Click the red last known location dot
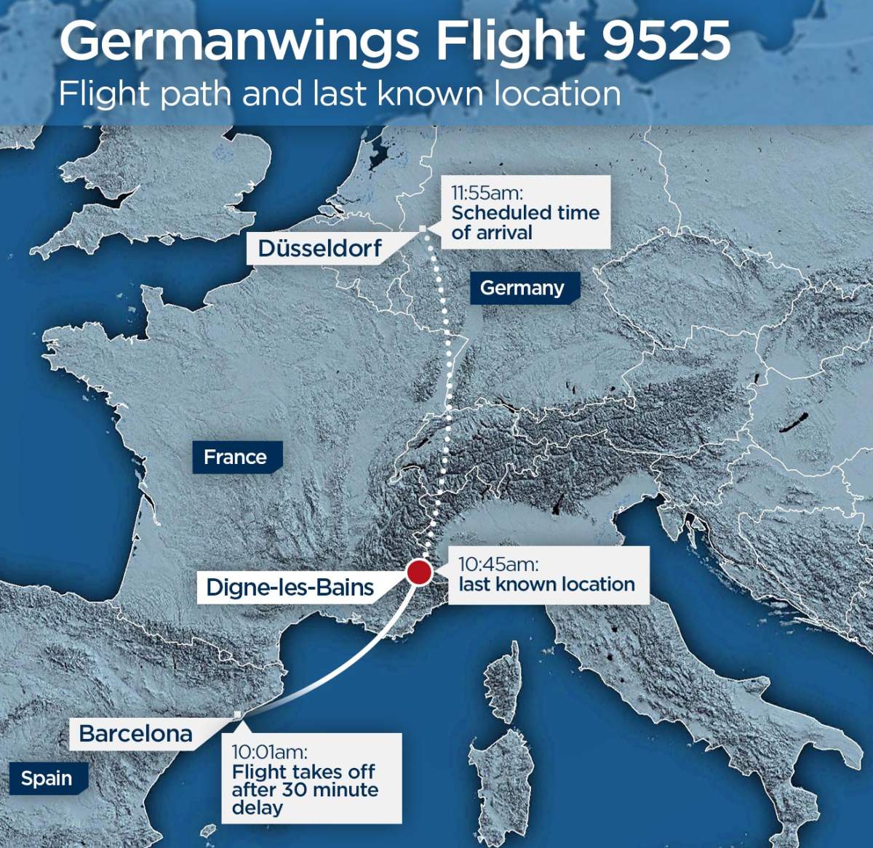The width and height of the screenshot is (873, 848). tap(419, 572)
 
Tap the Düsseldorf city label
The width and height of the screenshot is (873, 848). tap(319, 248)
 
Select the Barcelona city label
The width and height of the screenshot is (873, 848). tap(135, 733)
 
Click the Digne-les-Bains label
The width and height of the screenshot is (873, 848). tap(290, 587)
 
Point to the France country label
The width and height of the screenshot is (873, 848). tap(235, 457)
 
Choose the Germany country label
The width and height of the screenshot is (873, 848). tap(522, 288)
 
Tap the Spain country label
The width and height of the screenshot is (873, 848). tap(47, 778)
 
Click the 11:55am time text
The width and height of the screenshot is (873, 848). tap(487, 193)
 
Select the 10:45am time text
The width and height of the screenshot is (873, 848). tap(498, 564)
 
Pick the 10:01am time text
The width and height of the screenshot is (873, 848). tap(269, 752)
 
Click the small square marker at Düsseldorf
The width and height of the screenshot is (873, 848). tap(423, 230)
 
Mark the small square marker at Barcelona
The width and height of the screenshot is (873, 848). tap(238, 716)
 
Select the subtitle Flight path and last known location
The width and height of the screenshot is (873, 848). tap(340, 95)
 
